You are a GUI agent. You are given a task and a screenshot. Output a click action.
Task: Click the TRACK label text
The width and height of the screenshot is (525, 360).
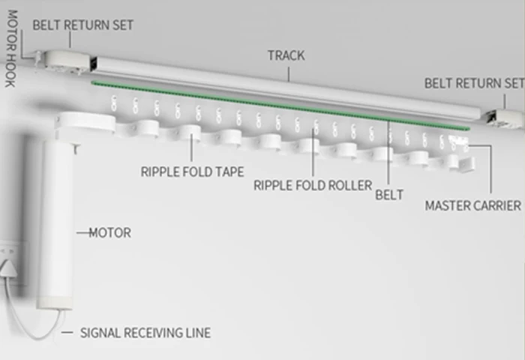pyautogui.click(x=286, y=55)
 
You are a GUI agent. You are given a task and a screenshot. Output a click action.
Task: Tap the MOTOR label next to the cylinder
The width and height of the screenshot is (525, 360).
pyautogui.click(x=109, y=232)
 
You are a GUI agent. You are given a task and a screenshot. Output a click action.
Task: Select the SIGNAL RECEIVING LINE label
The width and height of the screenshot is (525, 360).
pyautogui.click(x=145, y=332)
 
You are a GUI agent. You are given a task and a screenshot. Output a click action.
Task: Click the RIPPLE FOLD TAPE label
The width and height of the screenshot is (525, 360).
pyautogui.click(x=192, y=172)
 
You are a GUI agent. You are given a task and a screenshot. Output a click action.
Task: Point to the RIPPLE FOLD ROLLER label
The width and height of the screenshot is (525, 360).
pyautogui.click(x=313, y=185)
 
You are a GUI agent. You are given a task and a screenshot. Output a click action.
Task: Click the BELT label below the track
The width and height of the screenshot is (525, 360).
pyautogui.click(x=389, y=195)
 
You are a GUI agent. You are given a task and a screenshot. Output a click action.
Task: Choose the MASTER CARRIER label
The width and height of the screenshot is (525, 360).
pyautogui.click(x=472, y=205)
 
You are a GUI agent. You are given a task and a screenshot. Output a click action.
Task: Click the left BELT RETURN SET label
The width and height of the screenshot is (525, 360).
pyautogui.click(x=82, y=25)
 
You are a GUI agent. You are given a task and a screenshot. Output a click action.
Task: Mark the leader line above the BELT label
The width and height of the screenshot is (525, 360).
pyautogui.click(x=388, y=150)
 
